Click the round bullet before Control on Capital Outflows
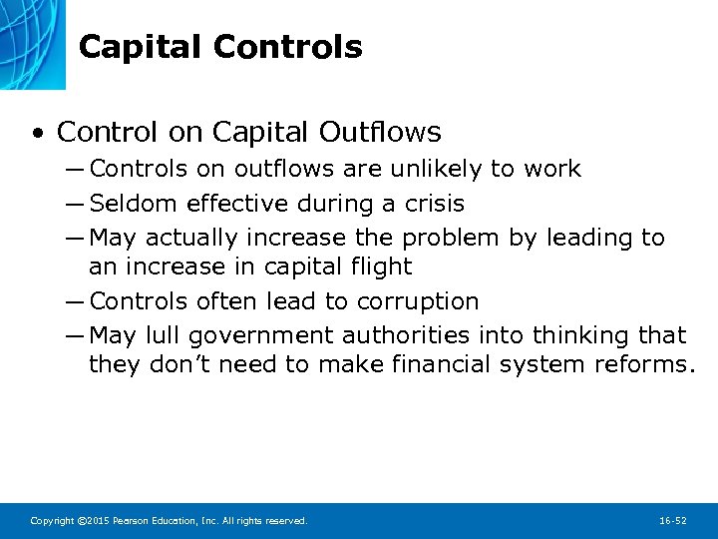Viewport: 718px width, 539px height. [x=37, y=133]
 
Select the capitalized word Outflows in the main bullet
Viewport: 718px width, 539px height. [x=380, y=132]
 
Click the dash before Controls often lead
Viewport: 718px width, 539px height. [x=78, y=301]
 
